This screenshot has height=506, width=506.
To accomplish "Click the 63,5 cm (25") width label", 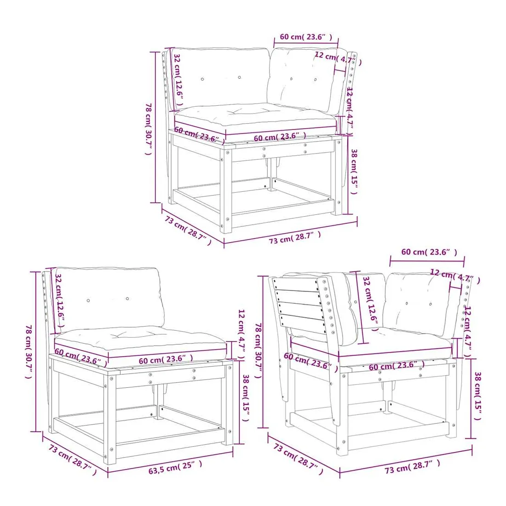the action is pos(175,467).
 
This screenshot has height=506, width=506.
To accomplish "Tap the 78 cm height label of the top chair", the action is pos(149,129).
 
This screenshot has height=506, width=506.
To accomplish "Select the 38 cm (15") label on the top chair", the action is pos(354,172).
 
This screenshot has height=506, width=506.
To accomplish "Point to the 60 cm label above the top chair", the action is pos(306,36).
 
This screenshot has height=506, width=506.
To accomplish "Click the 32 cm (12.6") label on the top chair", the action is pos(178,80).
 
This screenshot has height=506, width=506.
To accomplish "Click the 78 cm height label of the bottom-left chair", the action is pos(29,352).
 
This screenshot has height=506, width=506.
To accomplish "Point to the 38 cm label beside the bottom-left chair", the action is pos(246,397).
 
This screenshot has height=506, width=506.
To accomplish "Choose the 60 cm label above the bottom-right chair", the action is pos(429,252).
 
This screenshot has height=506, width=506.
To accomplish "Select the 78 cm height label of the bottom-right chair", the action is pos(259,351).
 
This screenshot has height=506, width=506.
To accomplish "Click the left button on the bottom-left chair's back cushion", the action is pos(88,300).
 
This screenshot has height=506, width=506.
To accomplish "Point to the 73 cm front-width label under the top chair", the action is pos(294,237).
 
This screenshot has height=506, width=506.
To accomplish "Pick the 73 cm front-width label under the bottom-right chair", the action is pos(412,467).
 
